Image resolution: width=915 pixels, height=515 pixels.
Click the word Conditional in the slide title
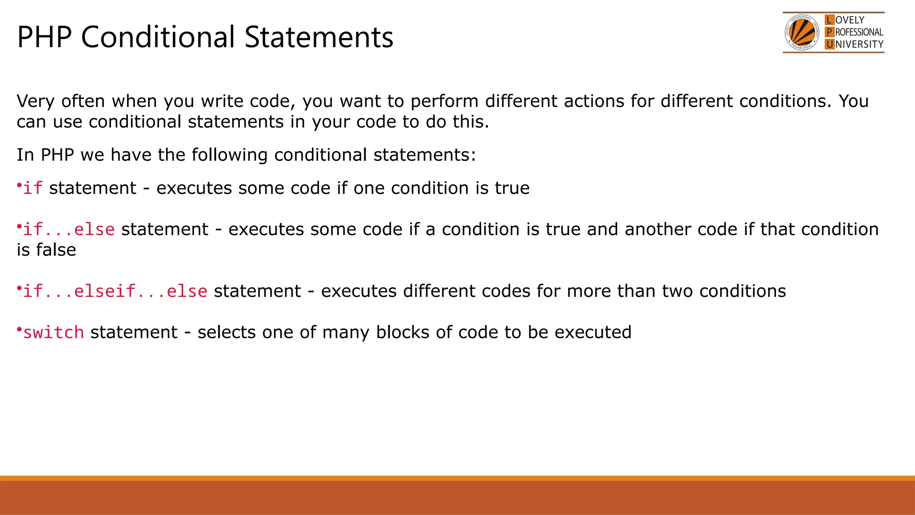click(158, 37)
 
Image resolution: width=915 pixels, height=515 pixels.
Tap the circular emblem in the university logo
click(802, 33)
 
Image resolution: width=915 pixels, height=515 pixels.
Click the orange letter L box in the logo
click(829, 20)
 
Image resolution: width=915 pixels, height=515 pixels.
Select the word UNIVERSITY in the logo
click(859, 44)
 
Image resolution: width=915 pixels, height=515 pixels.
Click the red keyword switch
click(54, 333)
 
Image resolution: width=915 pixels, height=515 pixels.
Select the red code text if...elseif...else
click(115, 291)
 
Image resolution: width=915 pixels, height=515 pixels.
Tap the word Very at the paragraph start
click(35, 101)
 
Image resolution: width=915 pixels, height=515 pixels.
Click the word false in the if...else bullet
click(56, 250)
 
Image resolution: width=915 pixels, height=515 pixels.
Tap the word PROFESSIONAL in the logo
click(859, 32)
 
